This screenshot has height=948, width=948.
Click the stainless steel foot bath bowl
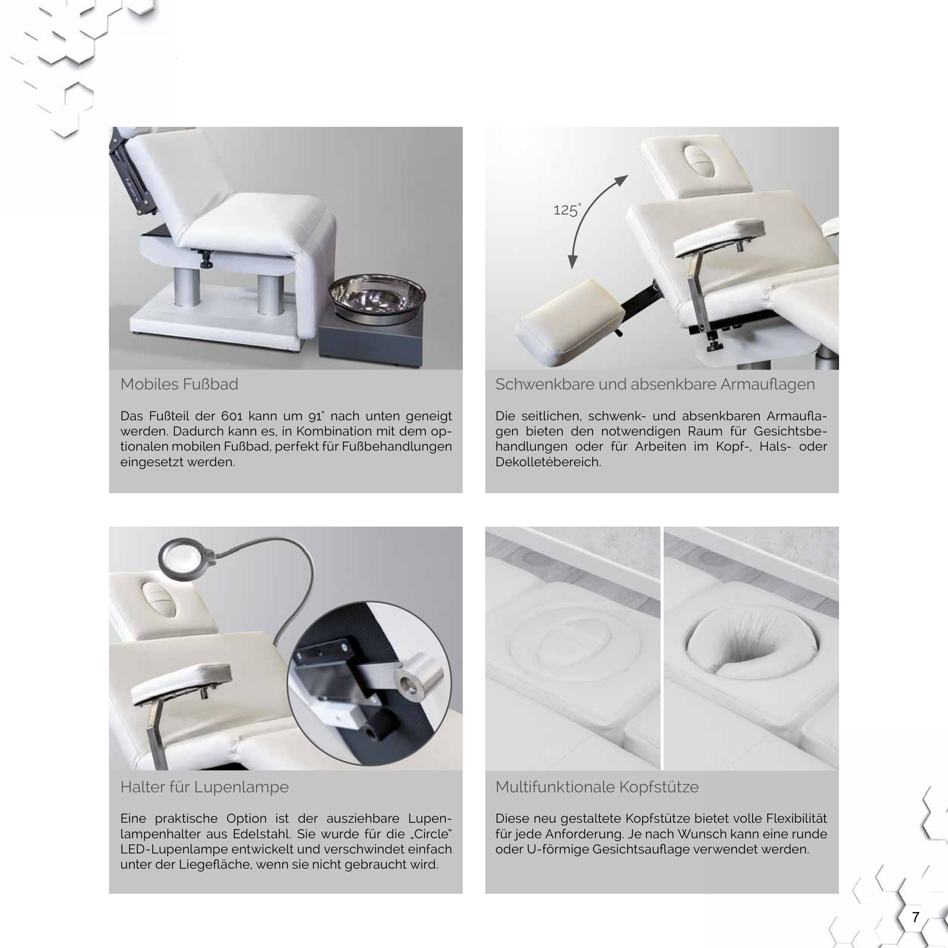[x=377, y=297]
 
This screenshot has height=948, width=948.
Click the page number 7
[x=915, y=916]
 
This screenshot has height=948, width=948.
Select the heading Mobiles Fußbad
[x=179, y=384]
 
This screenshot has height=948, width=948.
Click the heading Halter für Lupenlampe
[x=205, y=787]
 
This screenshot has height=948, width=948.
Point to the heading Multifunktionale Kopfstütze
[x=597, y=787]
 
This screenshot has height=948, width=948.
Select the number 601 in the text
[x=232, y=416]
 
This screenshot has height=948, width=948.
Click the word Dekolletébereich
[x=548, y=462]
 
